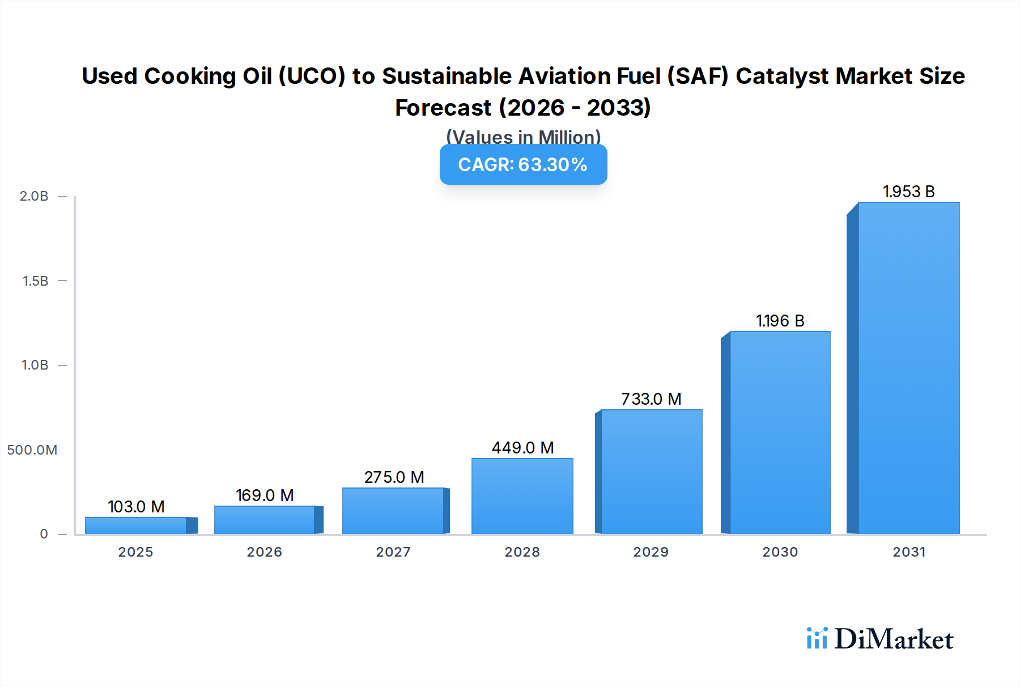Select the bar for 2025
pyautogui.click(x=136, y=525)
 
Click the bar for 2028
pyautogui.click(x=522, y=496)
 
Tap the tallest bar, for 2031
pyautogui.click(x=908, y=368)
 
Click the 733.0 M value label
pyautogui.click(x=651, y=399)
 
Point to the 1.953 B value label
pyautogui.click(x=908, y=192)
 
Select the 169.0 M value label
pyautogui.click(x=265, y=495)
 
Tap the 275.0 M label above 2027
pyautogui.click(x=394, y=477)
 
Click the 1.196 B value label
pyautogui.click(x=780, y=321)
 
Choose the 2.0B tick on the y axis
pyautogui.click(x=34, y=196)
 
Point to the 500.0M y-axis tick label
pyautogui.click(x=32, y=450)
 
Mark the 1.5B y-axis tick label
pyautogui.click(x=35, y=281)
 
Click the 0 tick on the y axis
pyautogui.click(x=44, y=534)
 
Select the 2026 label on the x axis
pyautogui.click(x=264, y=552)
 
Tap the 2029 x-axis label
pyautogui.click(x=651, y=552)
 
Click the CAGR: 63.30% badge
pyautogui.click(x=523, y=164)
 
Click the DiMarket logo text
pyautogui.click(x=894, y=639)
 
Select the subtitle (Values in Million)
pyautogui.click(x=523, y=137)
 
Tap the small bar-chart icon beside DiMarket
pyautogui.click(x=817, y=638)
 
